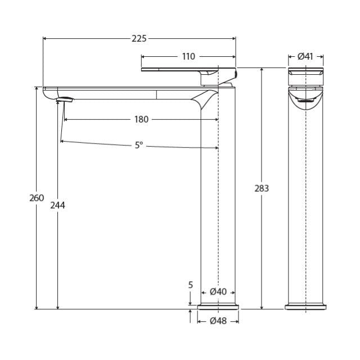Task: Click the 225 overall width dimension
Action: click(x=139, y=39)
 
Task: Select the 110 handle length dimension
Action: click(x=188, y=56)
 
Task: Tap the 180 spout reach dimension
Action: click(x=141, y=119)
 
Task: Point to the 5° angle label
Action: click(x=139, y=145)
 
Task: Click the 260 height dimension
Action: click(x=37, y=198)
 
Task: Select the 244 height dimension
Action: click(x=58, y=205)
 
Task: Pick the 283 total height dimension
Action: click(x=262, y=188)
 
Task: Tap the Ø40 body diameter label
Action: click(x=218, y=292)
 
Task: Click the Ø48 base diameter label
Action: click(x=218, y=321)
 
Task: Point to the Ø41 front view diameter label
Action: click(x=305, y=56)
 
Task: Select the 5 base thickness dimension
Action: click(x=191, y=285)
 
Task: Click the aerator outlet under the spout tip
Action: click(x=65, y=100)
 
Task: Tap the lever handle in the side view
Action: click(x=188, y=70)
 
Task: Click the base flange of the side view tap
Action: click(x=218, y=307)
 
